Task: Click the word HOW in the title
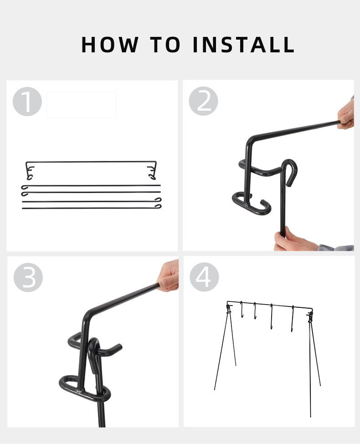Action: coord(110,45)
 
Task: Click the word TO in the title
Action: coord(165,45)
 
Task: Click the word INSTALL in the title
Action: coord(244,45)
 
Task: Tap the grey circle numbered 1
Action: coord(27,102)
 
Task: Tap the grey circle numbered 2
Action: coord(203,101)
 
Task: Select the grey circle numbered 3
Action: coord(28,277)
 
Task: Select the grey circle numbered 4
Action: coord(204,277)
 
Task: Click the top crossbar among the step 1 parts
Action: coord(91,162)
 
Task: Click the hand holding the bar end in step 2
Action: coord(346,114)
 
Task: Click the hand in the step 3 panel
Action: coord(169,276)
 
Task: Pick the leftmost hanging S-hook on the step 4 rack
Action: coord(242,310)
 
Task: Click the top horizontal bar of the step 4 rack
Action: coord(269,305)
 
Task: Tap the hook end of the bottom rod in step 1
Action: coord(158,206)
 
